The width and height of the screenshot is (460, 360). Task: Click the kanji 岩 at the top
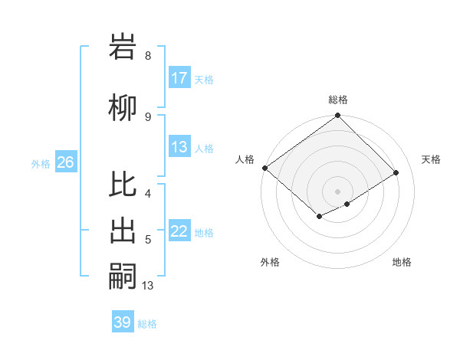click(x=123, y=48)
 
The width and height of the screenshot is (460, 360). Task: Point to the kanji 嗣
click(x=123, y=277)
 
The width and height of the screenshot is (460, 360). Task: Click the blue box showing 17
click(x=179, y=78)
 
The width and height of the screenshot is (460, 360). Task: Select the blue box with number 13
click(x=179, y=147)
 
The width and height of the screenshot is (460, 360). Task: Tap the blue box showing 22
click(x=179, y=231)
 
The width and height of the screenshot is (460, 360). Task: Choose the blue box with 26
click(x=65, y=162)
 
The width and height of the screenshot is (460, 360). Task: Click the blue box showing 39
click(x=123, y=322)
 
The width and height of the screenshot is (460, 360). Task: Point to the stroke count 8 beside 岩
click(x=148, y=56)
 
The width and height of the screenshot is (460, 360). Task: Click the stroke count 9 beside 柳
click(x=148, y=116)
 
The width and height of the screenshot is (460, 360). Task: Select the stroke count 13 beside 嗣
click(x=148, y=285)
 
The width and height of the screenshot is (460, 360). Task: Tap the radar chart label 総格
click(x=338, y=100)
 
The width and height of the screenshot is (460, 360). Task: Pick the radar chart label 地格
click(x=402, y=262)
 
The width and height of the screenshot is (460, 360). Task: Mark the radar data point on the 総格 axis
click(x=337, y=116)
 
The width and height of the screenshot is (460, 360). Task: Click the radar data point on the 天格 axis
click(x=396, y=172)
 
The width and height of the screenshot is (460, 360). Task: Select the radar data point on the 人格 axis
click(x=264, y=168)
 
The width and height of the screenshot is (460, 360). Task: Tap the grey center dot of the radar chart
click(x=337, y=191)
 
